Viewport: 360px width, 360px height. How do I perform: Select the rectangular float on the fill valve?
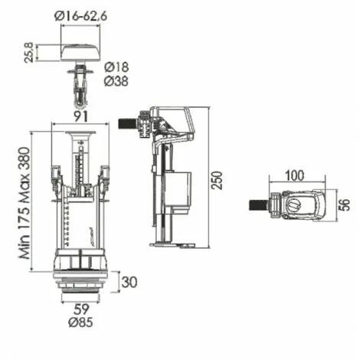click(x=179, y=191)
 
